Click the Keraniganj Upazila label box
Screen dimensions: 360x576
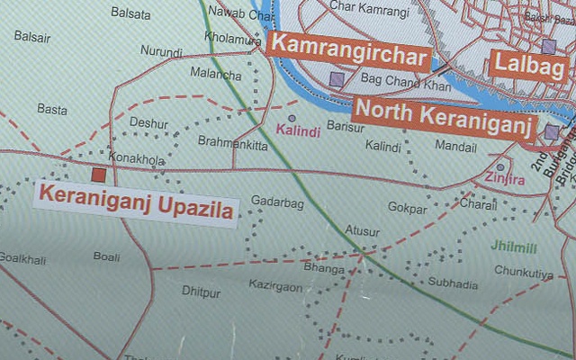(x=136, y=203)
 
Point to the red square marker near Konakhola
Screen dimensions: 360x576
(x=98, y=173)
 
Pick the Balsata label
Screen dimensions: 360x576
(x=130, y=13)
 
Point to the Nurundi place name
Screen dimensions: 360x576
(x=161, y=53)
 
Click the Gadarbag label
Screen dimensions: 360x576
(x=277, y=202)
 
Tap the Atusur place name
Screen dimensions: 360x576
(x=363, y=231)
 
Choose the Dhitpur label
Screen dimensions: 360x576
(x=201, y=292)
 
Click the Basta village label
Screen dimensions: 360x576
(x=52, y=109)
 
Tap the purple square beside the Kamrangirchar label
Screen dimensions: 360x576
(x=337, y=79)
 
